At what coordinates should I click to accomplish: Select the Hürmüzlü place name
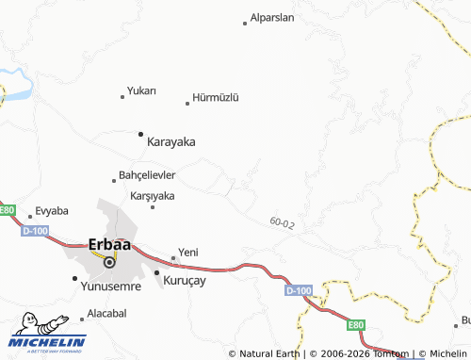click(x=217, y=97)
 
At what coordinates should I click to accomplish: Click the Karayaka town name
click(x=171, y=141)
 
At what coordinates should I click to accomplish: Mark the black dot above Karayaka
click(x=141, y=134)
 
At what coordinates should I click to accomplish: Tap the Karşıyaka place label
click(x=152, y=196)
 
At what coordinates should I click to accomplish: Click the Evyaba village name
click(x=51, y=211)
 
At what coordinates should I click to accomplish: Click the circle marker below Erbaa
click(x=108, y=262)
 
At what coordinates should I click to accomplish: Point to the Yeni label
click(x=188, y=253)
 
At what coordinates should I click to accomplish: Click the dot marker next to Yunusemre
click(x=75, y=278)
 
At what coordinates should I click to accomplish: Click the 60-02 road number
click(x=281, y=223)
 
